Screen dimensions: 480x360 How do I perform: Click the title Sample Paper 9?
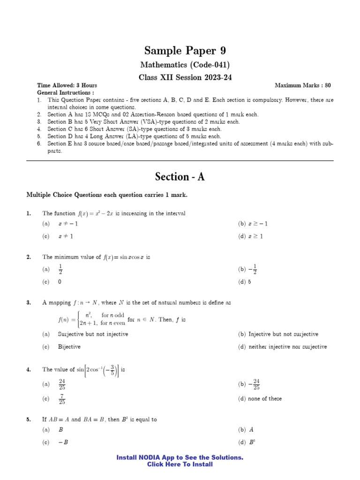180,51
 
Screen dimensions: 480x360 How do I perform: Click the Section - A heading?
180,177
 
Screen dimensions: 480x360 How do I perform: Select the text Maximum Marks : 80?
302,85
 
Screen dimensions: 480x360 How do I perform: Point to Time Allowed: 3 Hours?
67,85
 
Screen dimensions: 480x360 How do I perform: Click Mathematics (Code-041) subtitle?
180,65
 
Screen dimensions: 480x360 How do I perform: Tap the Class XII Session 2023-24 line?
180,77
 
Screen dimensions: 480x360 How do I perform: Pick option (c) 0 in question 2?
60,282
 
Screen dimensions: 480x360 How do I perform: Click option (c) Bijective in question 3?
69,347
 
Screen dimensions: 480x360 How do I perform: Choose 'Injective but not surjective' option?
283,334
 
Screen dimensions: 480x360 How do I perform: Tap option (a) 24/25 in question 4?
62,384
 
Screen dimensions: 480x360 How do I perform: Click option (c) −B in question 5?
63,442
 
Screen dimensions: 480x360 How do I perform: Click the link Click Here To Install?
180,465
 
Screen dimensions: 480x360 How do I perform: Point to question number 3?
29,303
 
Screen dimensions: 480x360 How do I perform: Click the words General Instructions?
65,93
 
